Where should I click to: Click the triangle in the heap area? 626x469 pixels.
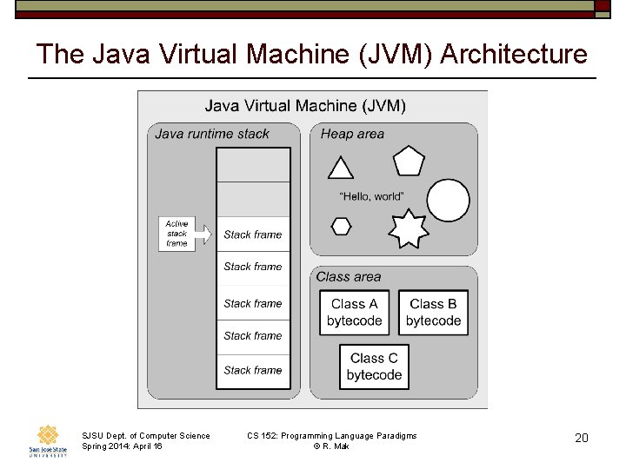(x=341, y=168)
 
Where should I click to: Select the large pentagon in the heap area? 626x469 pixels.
(x=409, y=161)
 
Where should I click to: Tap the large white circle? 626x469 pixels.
(x=449, y=201)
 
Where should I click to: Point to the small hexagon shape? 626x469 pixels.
(x=342, y=226)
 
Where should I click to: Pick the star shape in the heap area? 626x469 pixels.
(x=408, y=228)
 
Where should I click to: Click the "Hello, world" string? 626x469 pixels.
(x=371, y=196)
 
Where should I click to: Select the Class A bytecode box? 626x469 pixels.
(x=355, y=313)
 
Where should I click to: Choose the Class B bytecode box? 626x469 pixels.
(x=433, y=313)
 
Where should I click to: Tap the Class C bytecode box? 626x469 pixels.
(x=374, y=367)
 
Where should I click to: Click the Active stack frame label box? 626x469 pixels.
(x=176, y=234)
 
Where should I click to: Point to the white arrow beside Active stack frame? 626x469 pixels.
(x=203, y=234)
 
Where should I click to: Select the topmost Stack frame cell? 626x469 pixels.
(x=253, y=234)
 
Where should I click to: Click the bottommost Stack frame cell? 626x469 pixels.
(x=253, y=370)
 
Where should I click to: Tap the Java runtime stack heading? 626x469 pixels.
(x=212, y=134)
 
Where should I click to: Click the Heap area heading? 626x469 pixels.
(x=352, y=134)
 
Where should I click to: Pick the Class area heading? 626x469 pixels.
(x=349, y=277)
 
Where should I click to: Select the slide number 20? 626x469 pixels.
(x=582, y=438)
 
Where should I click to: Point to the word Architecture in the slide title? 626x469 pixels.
(x=514, y=54)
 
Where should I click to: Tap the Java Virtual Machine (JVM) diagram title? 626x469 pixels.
(x=305, y=106)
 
